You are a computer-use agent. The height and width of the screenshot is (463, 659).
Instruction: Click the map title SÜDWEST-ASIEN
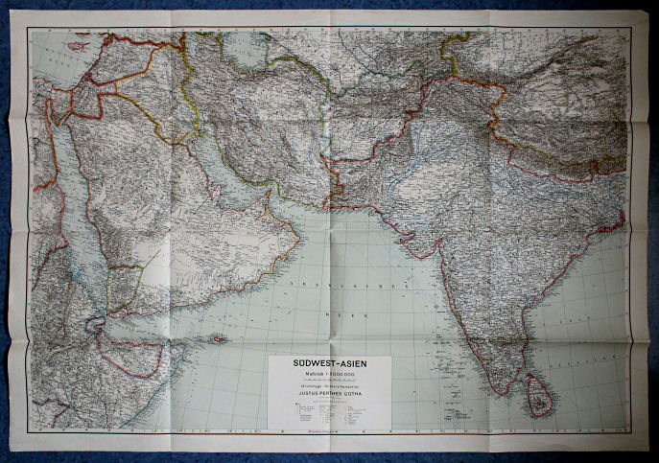[x=330, y=365]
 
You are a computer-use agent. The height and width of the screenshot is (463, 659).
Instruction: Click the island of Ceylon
[x=540, y=396]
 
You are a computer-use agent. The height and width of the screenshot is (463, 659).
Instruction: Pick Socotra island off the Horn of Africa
[x=220, y=338]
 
